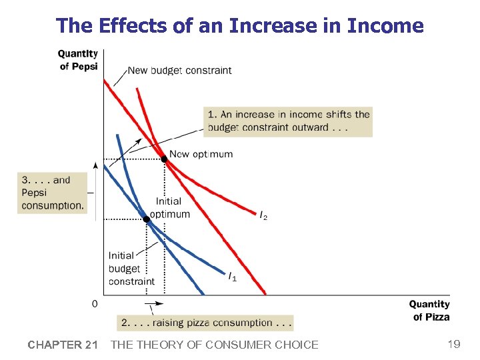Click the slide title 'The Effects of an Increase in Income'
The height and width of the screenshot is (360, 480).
240,25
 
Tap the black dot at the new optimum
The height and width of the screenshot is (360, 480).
165,159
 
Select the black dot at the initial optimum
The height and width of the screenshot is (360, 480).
146,219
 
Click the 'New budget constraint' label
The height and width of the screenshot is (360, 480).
179,70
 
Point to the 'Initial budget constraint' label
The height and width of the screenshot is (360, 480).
131,268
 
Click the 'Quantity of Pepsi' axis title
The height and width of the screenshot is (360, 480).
77,60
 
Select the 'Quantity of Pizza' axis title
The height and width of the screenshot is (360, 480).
429,311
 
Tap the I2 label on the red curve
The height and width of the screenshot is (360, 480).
264,215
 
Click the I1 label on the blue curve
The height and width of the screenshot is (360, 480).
232,277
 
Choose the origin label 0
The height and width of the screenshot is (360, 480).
94,303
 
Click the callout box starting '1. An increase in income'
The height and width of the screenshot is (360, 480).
288,121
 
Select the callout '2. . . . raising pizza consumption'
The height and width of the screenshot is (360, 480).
205,323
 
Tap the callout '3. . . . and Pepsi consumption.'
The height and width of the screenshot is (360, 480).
52,193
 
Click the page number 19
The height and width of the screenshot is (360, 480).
454,344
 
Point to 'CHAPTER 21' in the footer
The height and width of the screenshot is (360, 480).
63,345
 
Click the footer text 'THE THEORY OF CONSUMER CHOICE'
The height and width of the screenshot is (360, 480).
214,345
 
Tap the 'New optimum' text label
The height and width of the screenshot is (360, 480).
201,154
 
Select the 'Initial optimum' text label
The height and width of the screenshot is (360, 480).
169,207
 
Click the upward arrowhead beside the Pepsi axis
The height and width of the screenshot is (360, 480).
96,164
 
